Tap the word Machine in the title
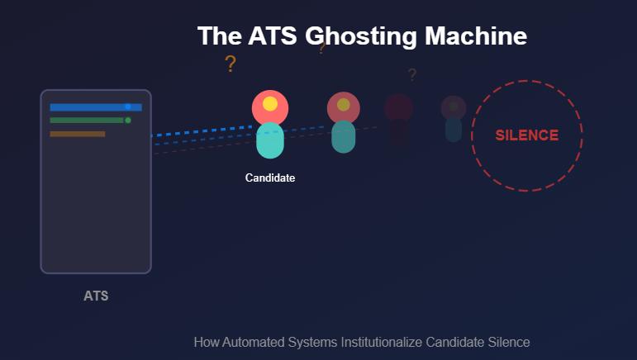point(476,36)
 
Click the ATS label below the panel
point(96,296)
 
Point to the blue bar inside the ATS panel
point(91,107)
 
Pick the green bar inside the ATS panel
point(87,121)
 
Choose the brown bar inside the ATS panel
point(78,134)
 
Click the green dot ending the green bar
point(127,121)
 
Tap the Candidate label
point(270,178)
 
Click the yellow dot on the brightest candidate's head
point(270,104)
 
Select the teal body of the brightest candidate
point(270,140)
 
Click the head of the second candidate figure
point(344,107)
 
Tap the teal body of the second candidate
point(344,137)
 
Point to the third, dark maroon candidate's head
point(398,108)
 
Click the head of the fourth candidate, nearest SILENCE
point(454,107)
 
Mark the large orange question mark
point(231,64)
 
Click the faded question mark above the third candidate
point(412,75)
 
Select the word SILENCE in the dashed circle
point(527,135)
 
